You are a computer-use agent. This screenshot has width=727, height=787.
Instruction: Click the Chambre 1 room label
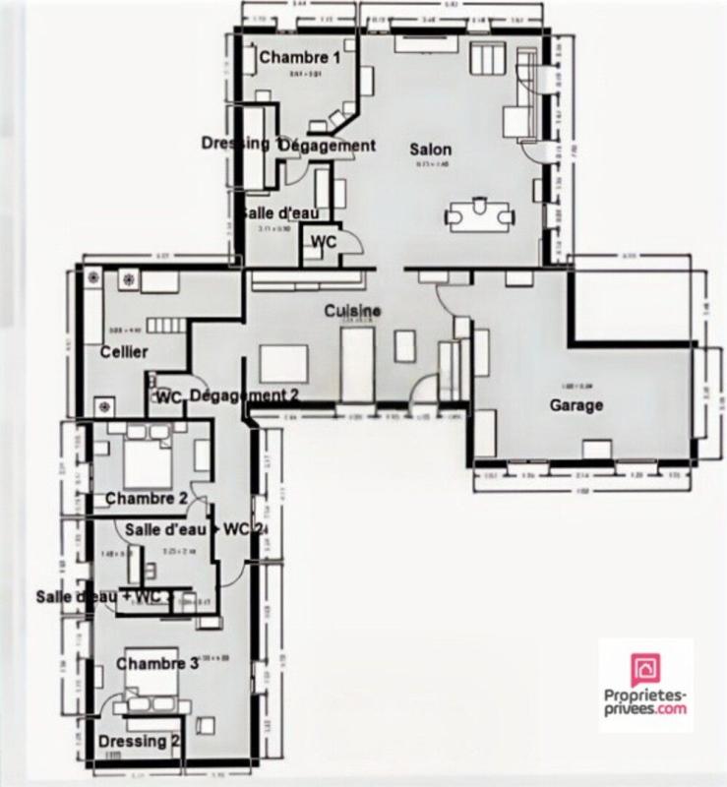tap(300, 58)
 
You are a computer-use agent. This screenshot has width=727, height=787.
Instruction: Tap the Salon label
tap(431, 150)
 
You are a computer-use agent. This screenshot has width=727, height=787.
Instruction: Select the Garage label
tap(576, 405)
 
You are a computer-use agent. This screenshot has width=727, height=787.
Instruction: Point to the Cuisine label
tap(353, 311)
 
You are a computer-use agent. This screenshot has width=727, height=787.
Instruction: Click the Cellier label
tap(123, 352)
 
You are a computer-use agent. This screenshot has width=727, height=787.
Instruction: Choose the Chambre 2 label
tap(147, 499)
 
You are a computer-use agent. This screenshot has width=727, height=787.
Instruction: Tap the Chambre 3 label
tap(157, 664)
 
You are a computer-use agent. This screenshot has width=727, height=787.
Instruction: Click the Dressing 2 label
tap(139, 742)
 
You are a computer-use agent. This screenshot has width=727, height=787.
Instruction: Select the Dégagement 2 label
tap(243, 395)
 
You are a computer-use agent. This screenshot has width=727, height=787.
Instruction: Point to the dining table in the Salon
tap(479, 214)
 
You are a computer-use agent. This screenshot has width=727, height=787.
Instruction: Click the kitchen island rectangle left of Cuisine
tap(285, 364)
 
